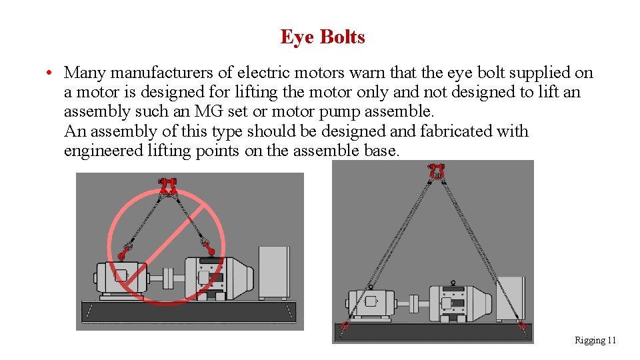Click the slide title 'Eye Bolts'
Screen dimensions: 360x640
click(323, 37)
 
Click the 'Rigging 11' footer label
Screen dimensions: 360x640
click(595, 341)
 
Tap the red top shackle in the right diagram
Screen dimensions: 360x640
click(437, 170)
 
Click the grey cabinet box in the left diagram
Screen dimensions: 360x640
click(274, 273)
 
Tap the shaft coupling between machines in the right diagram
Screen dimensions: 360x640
click(413, 303)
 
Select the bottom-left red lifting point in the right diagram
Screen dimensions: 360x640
click(345, 325)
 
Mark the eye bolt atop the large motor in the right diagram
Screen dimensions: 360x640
click(453, 283)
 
